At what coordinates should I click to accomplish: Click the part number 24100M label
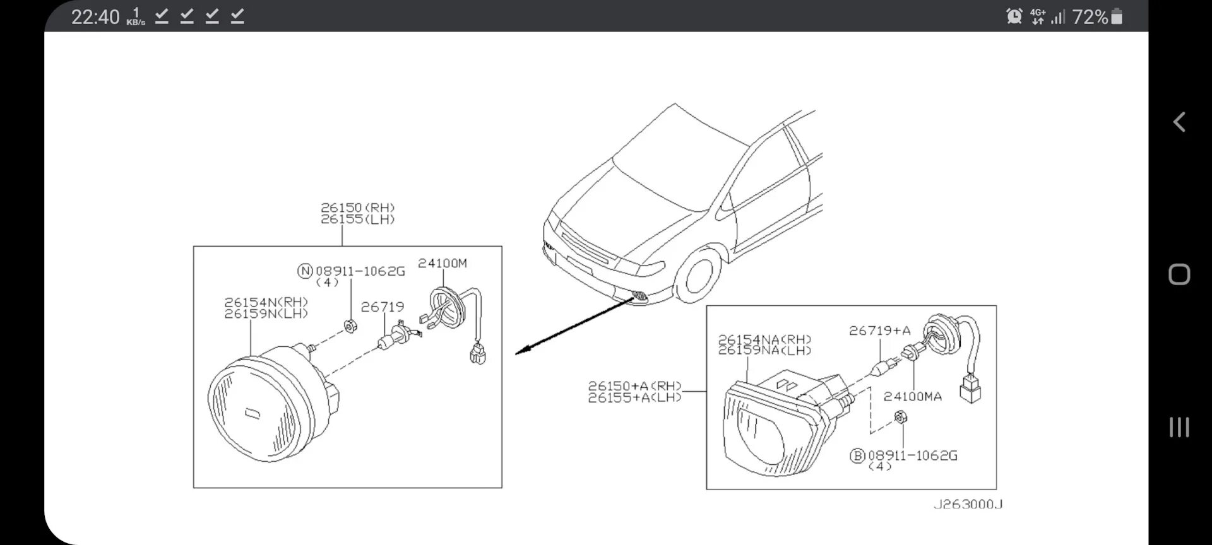442,263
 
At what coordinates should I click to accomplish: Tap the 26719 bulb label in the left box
382,307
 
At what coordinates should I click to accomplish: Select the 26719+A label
879,331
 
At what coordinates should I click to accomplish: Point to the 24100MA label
912,397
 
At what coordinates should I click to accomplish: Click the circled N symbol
305,271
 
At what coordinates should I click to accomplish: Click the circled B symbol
857,455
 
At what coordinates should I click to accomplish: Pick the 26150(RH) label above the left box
357,208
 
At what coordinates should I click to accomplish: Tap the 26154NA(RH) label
764,339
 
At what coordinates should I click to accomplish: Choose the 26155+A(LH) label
634,398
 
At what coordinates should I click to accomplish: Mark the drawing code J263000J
968,505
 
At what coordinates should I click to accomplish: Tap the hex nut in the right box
901,416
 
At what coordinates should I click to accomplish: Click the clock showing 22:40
95,17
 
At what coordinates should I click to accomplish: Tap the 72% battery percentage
1090,17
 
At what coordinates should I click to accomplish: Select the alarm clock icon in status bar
1014,16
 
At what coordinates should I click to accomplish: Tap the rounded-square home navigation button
1179,274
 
